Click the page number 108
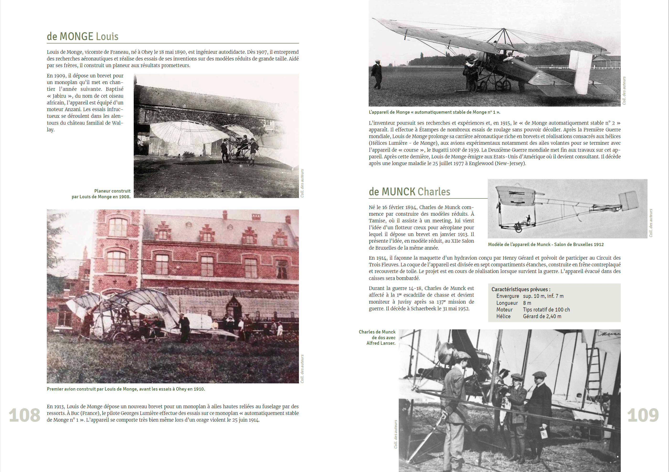(x=25, y=415)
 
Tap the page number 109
(x=643, y=415)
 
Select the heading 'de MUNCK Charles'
(x=409, y=192)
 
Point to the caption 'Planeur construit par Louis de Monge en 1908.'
(x=101, y=194)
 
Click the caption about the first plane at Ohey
(x=126, y=389)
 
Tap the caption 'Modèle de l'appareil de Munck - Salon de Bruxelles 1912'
(x=546, y=244)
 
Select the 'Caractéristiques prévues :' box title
(x=521, y=289)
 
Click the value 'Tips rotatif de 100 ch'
(x=546, y=310)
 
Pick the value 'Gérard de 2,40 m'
(x=542, y=316)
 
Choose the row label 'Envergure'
(x=508, y=296)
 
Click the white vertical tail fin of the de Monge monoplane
(x=580, y=71)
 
